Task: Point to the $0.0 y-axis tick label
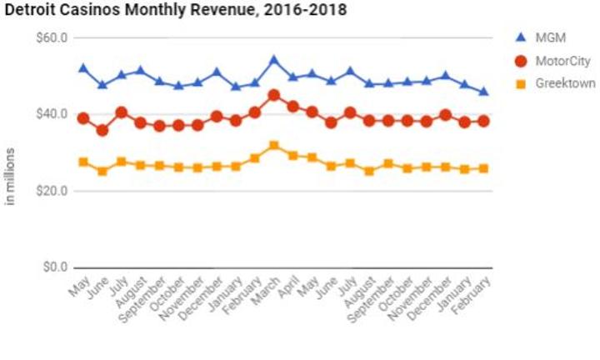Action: tap(55, 267)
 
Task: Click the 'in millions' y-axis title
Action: tap(11, 177)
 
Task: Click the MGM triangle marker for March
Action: tap(273, 61)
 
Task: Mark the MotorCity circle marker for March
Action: tap(273, 96)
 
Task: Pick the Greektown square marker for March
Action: tap(273, 146)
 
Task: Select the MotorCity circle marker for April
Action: tap(292, 107)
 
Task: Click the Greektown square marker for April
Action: tap(292, 156)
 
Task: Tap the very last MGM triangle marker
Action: tap(483, 92)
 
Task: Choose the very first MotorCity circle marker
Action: tap(83, 118)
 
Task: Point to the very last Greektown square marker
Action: tap(483, 168)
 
